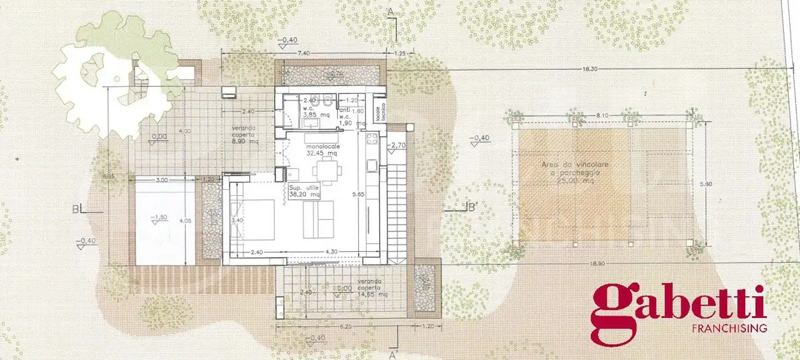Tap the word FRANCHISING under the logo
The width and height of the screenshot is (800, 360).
click(730, 329)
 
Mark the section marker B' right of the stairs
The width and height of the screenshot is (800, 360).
click(469, 207)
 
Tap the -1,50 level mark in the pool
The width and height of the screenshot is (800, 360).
click(159, 218)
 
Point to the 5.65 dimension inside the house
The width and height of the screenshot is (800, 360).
click(359, 195)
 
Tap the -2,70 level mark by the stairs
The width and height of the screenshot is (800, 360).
click(398, 145)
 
